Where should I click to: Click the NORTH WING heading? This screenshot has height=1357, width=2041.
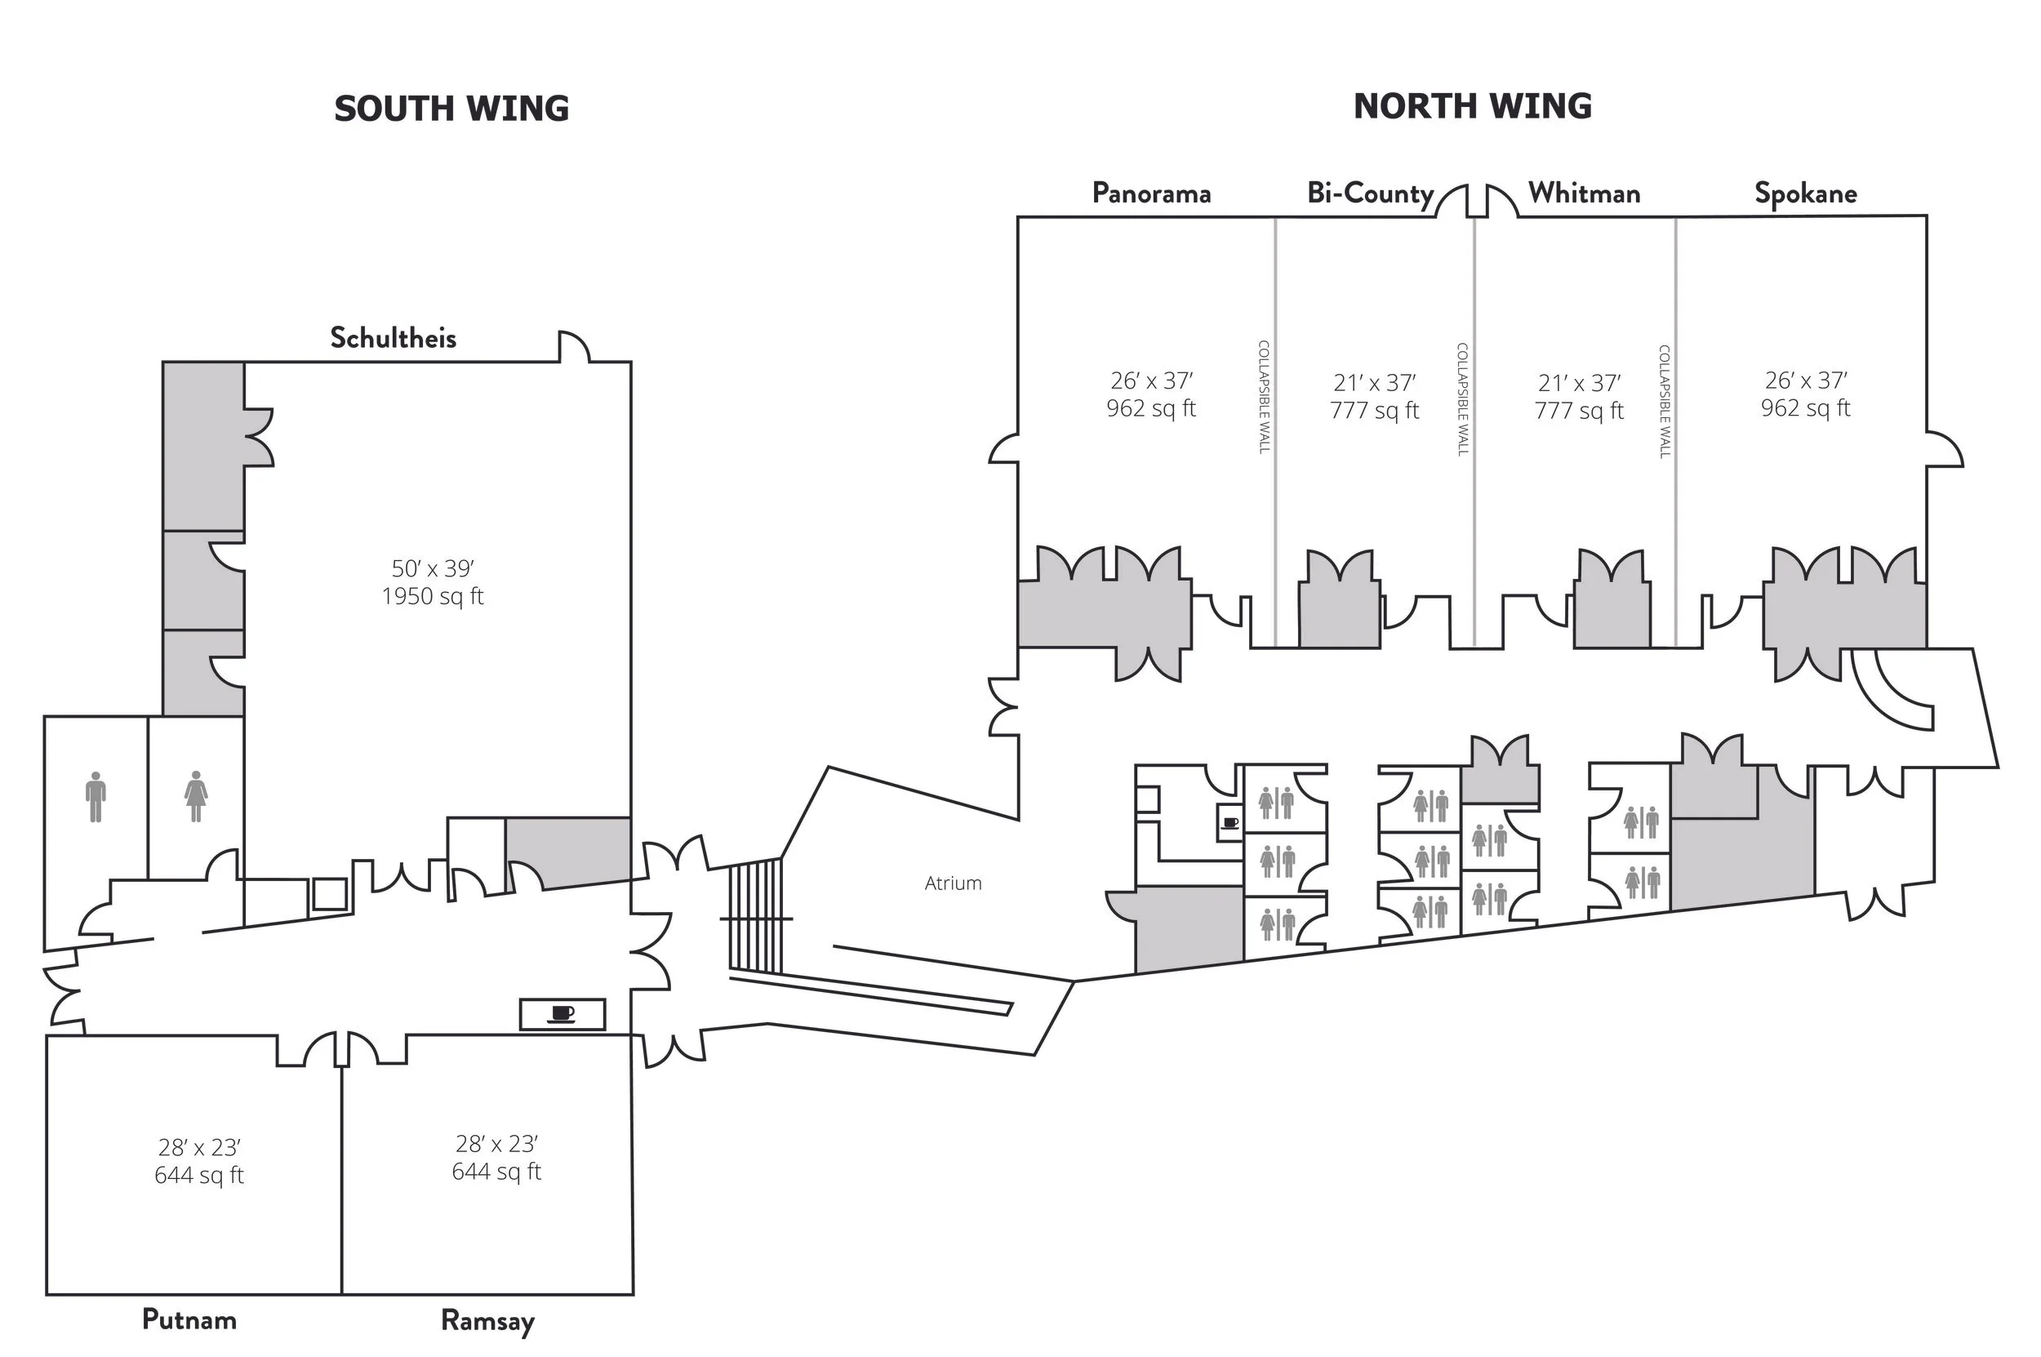1472,106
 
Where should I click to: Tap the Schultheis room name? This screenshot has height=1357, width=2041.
393,337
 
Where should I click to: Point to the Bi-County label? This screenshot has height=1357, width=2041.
1370,193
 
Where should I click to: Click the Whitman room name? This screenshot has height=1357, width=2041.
1583,193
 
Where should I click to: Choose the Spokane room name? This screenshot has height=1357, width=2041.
1805,193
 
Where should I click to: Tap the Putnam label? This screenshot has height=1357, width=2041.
189,1319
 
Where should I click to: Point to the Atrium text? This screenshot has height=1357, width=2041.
953,883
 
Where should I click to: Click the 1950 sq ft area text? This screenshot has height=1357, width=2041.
433,596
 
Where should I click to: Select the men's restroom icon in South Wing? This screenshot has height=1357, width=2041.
96,796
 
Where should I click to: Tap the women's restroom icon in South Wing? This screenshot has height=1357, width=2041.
197,796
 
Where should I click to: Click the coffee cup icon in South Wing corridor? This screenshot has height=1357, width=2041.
562,1013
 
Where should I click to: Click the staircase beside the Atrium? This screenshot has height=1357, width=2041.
755,915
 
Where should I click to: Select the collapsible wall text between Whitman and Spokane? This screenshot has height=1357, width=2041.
1664,401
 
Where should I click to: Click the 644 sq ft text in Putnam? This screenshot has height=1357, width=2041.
199,1175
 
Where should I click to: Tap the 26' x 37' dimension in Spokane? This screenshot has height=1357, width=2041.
1806,380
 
